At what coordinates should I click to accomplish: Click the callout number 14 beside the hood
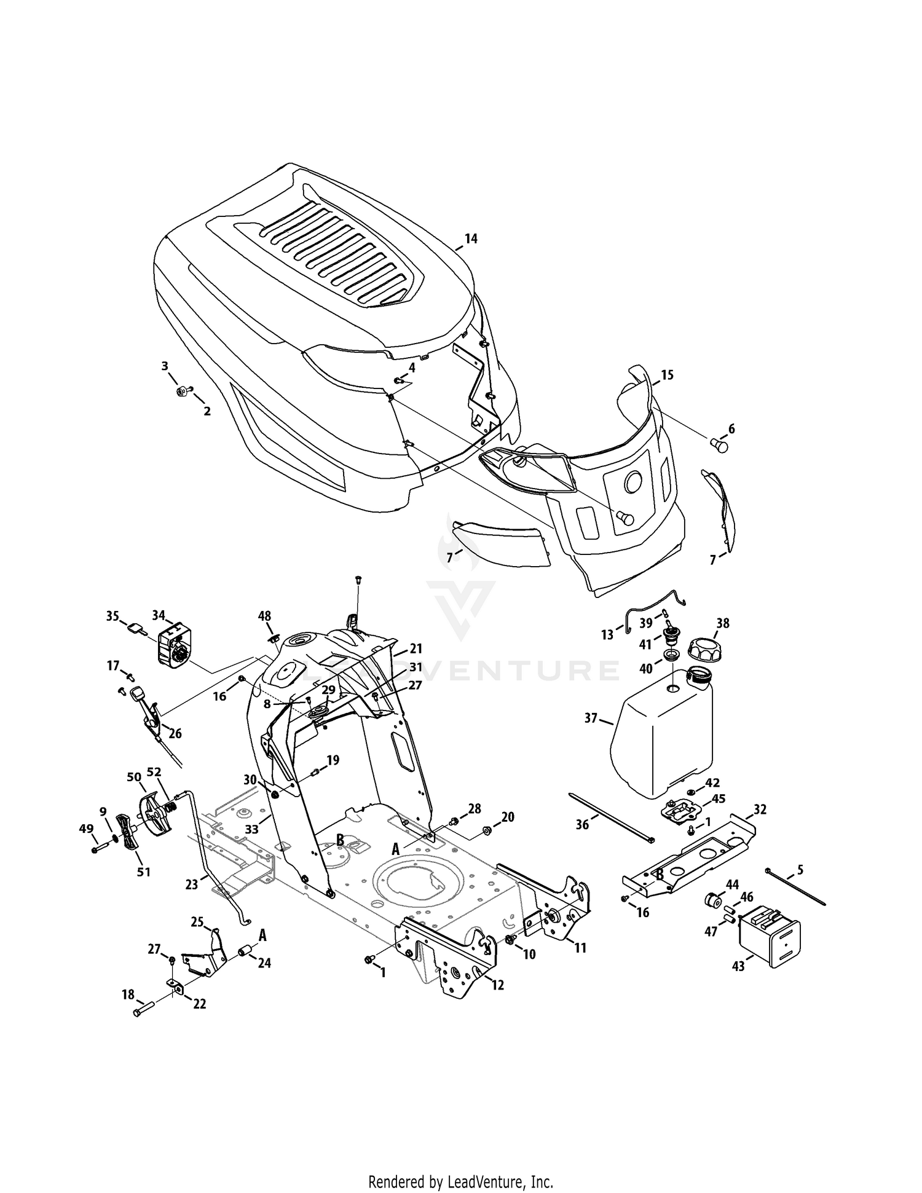click(471, 239)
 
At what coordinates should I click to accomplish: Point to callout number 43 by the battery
click(738, 966)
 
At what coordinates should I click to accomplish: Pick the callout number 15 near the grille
click(667, 375)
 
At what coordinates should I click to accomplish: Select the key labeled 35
click(137, 628)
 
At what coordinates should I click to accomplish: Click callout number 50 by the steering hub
click(134, 777)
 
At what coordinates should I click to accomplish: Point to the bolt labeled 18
click(143, 1011)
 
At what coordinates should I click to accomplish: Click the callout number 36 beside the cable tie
click(582, 824)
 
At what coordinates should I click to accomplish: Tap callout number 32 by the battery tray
click(760, 809)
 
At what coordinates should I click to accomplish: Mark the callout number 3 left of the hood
click(165, 366)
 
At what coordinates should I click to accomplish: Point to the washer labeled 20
click(486, 831)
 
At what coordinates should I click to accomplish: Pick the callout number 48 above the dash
click(264, 616)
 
